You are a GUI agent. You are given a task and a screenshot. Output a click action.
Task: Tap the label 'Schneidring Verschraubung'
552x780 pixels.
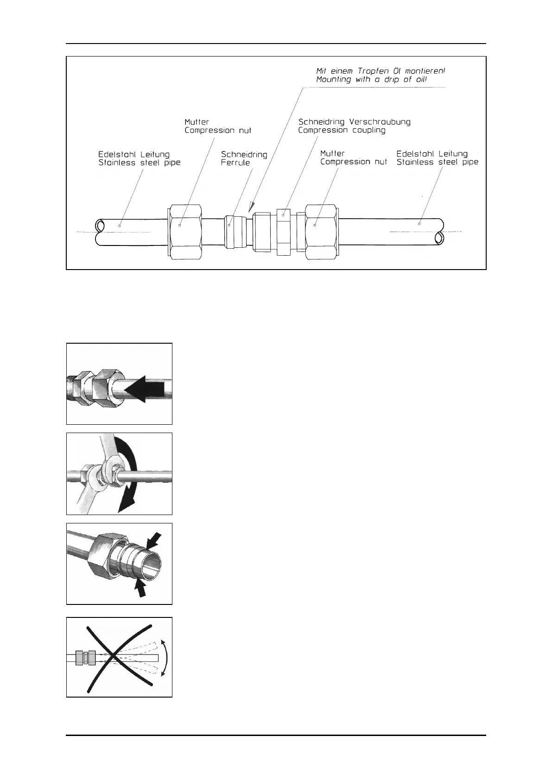pos(354,122)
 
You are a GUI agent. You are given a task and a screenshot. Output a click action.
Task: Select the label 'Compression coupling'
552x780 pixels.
pos(342,130)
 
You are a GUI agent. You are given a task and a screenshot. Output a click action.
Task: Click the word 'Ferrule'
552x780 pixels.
pos(235,163)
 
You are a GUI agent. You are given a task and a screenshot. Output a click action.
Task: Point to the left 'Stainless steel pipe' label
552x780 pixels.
pos(139,163)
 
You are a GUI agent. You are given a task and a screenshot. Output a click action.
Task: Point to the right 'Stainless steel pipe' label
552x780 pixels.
pos(437,162)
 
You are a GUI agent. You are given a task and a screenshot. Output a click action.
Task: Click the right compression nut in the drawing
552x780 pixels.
pos(321,231)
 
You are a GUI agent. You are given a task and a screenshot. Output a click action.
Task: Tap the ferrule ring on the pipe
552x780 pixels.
pos(234,231)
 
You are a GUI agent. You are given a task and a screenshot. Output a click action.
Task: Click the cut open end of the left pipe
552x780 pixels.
pos(99,226)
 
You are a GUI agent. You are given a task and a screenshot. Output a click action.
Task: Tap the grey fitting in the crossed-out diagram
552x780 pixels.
pos(85,658)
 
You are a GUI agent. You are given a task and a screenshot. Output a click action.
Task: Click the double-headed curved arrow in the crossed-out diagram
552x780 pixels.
pos(165,658)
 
